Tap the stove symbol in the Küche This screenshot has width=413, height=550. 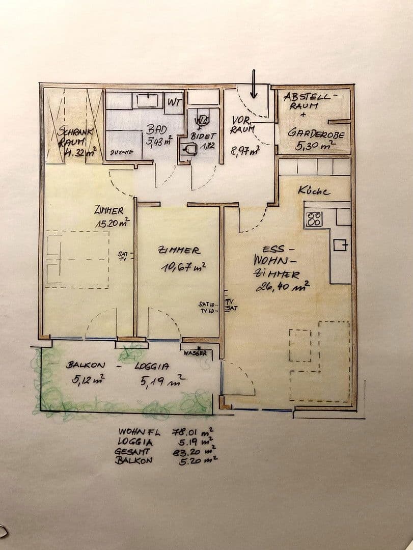(x=314, y=219)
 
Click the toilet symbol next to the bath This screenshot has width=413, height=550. (x=204, y=120)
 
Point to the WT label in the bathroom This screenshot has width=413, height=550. (x=175, y=101)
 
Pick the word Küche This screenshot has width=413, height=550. (x=314, y=191)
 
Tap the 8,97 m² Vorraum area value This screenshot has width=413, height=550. (x=245, y=150)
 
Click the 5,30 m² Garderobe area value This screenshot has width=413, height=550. (x=315, y=146)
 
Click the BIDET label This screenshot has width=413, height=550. (x=204, y=136)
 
